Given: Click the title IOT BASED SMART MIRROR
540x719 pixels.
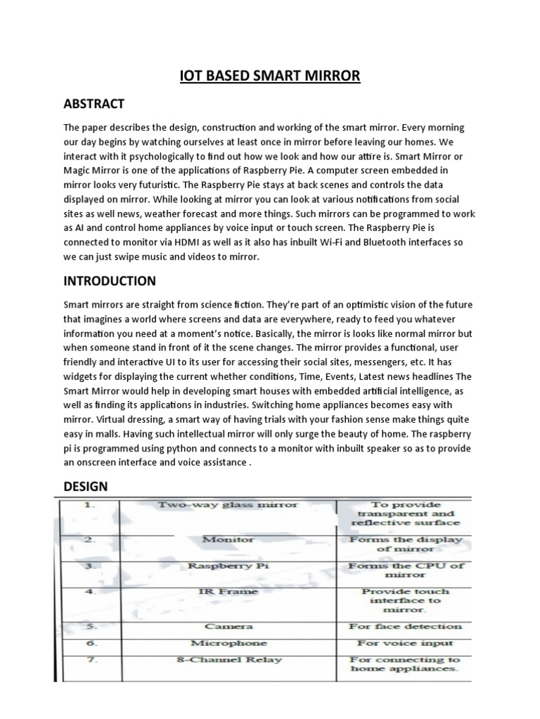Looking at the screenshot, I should (269, 74).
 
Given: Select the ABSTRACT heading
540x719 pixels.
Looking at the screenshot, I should (94, 104).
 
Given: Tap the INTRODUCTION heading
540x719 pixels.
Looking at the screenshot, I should (110, 281).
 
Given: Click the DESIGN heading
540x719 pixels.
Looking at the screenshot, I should (86, 486).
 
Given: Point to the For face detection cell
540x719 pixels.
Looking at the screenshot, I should (405, 626).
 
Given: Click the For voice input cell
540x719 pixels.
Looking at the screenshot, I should (405, 642).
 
